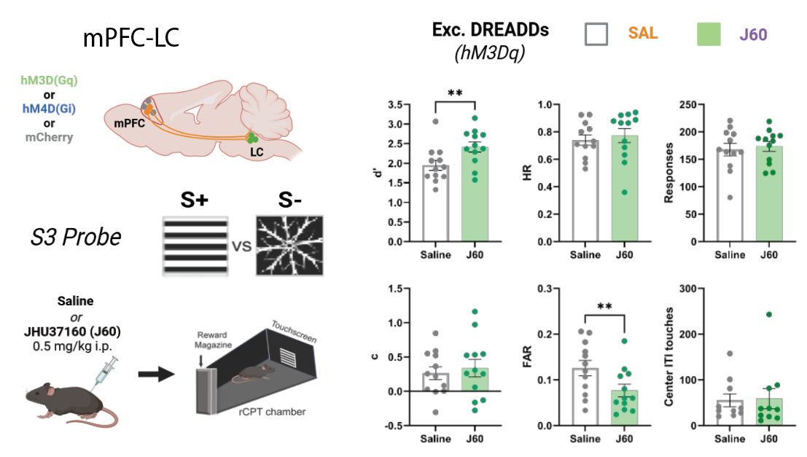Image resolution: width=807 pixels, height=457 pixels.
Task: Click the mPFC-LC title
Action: coord(131,37)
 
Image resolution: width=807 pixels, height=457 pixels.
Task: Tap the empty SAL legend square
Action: coord(598,34)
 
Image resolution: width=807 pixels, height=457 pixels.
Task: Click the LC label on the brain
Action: coord(257,154)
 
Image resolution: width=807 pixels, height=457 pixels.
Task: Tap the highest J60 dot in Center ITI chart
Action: coord(768,315)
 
